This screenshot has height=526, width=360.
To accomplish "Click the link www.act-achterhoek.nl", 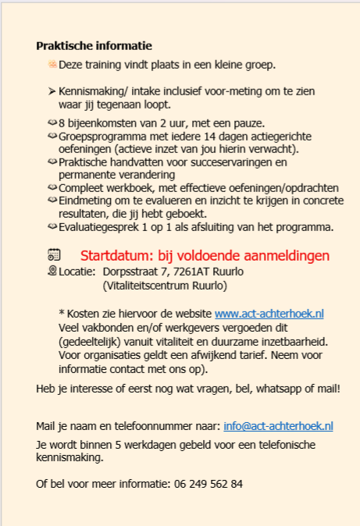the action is [269, 313].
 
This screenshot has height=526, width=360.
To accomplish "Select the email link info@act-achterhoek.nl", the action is [278, 426].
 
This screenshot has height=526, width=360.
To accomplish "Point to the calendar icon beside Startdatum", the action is [53, 254].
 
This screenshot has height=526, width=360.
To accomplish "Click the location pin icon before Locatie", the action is [52, 271].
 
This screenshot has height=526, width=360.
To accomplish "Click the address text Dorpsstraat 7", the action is [136, 272].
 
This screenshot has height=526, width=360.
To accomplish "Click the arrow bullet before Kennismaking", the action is [52, 91].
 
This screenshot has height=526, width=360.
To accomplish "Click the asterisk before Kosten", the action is [62, 312].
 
